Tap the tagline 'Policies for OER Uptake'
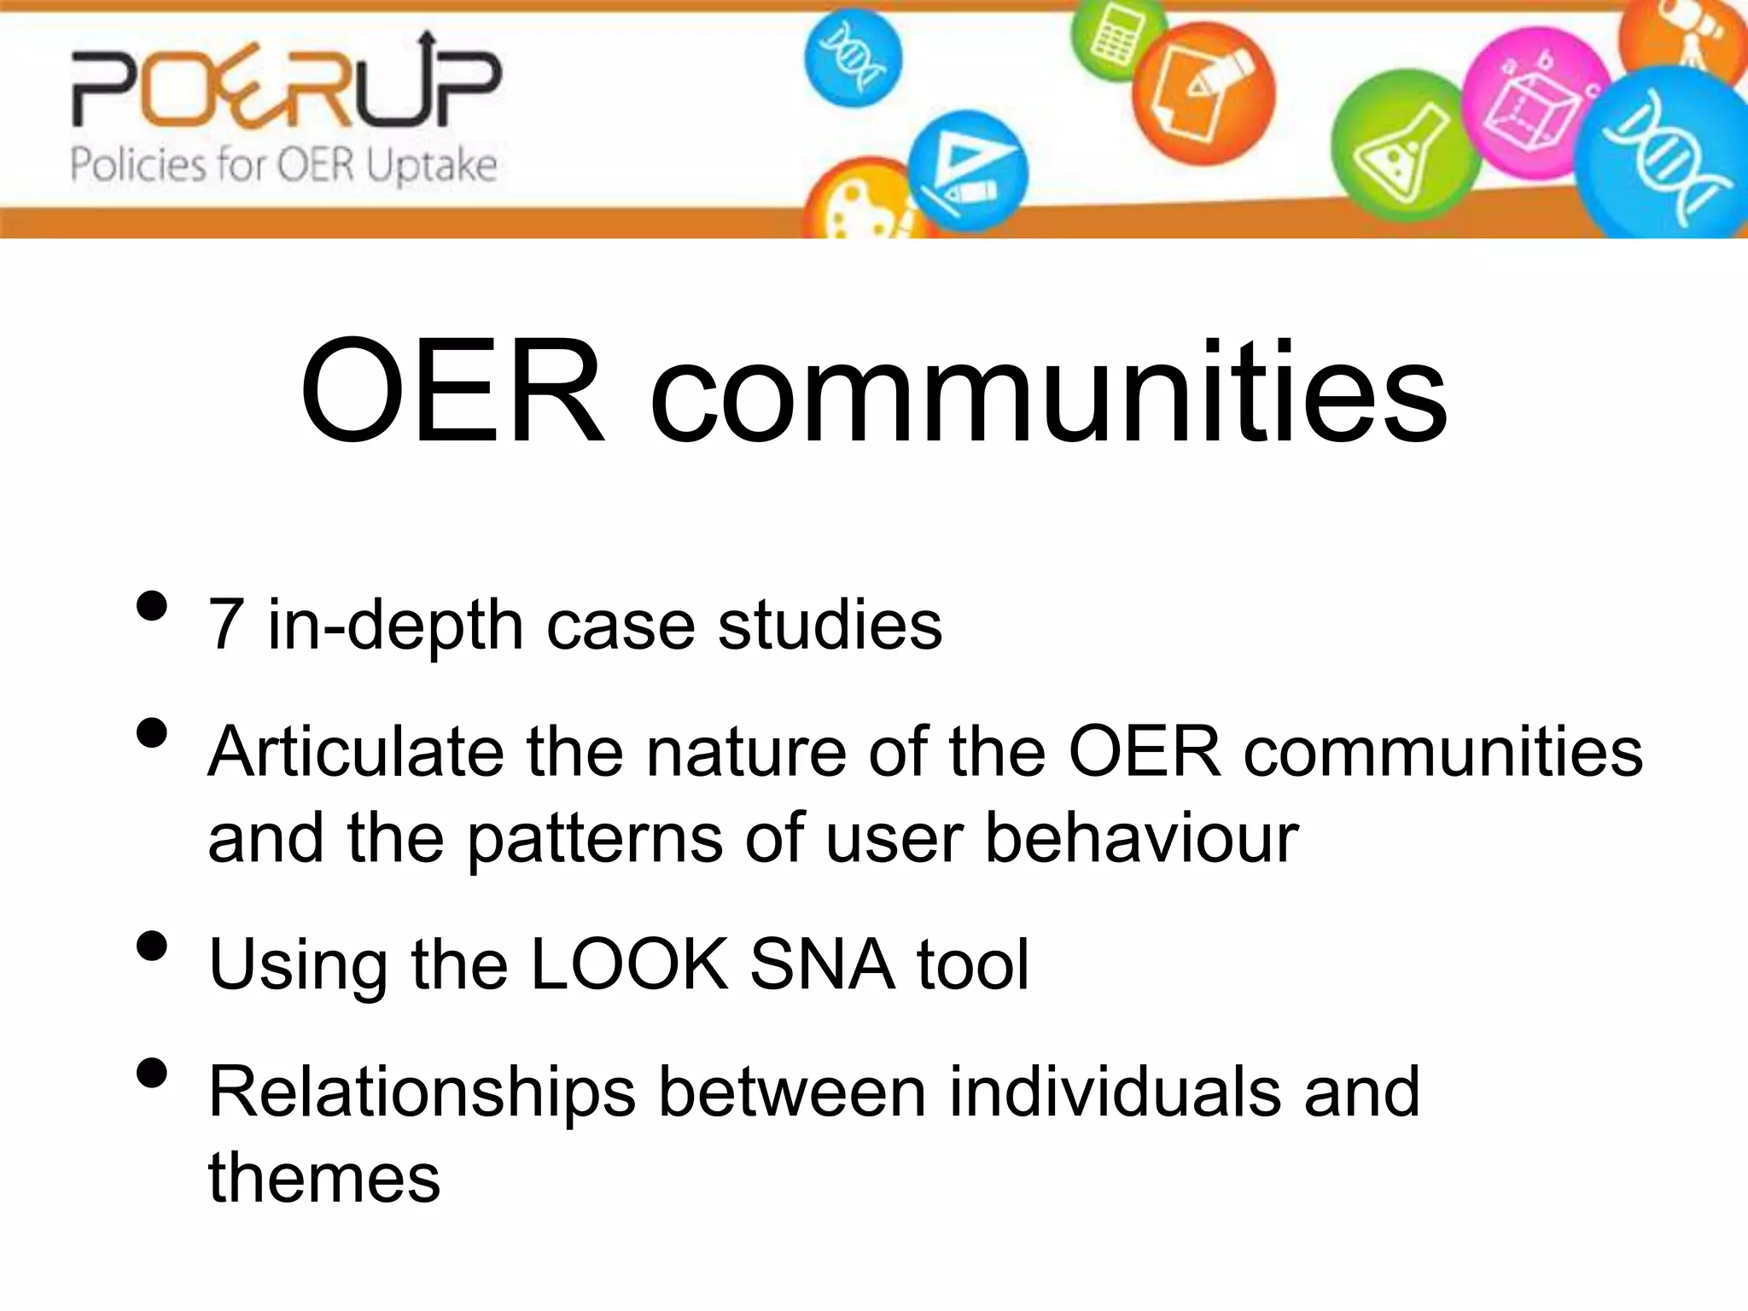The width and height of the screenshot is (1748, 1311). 283,165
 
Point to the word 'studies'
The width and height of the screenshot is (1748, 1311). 830,626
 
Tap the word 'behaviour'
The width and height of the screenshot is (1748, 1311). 1141,838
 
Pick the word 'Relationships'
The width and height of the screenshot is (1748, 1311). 422,1092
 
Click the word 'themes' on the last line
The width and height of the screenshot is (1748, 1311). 324,1179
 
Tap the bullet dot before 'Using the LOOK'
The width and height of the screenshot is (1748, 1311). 151,947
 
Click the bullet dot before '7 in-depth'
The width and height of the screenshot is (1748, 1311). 151,607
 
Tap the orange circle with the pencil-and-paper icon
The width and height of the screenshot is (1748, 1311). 1203,94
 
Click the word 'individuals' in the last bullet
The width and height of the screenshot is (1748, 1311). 1114,1092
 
